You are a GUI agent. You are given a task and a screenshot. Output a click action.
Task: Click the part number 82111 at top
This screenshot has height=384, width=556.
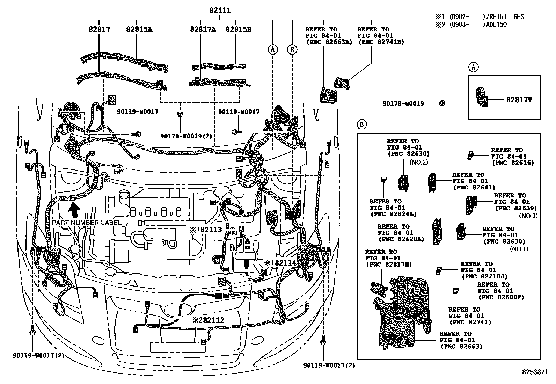[220, 10]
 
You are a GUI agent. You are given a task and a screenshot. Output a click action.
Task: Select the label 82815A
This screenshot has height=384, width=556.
[139, 29]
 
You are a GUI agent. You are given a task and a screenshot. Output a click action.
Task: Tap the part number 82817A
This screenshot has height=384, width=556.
[203, 29]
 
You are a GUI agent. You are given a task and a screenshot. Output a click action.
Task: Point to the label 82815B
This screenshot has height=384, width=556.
[238, 29]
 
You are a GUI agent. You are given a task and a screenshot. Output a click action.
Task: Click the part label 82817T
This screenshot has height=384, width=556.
[519, 100]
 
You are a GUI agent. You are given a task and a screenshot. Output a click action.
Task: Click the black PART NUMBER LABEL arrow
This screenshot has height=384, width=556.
[74, 210]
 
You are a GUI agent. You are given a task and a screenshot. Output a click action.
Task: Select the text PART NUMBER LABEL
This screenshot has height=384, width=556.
[87, 223]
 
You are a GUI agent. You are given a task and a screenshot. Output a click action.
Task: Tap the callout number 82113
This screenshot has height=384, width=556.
[211, 230]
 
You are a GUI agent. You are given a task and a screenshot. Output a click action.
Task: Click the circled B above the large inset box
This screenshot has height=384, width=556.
[362, 124]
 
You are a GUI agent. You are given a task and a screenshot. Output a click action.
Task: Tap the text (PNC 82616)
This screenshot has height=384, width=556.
[513, 162]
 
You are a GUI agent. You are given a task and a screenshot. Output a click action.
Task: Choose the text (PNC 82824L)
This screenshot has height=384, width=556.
[393, 214]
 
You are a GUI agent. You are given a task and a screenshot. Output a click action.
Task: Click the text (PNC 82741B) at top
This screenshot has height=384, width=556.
[381, 42]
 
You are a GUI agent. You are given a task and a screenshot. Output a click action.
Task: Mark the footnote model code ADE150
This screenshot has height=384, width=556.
[495, 24]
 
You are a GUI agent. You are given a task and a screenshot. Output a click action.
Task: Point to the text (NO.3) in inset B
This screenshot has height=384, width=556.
[528, 216]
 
